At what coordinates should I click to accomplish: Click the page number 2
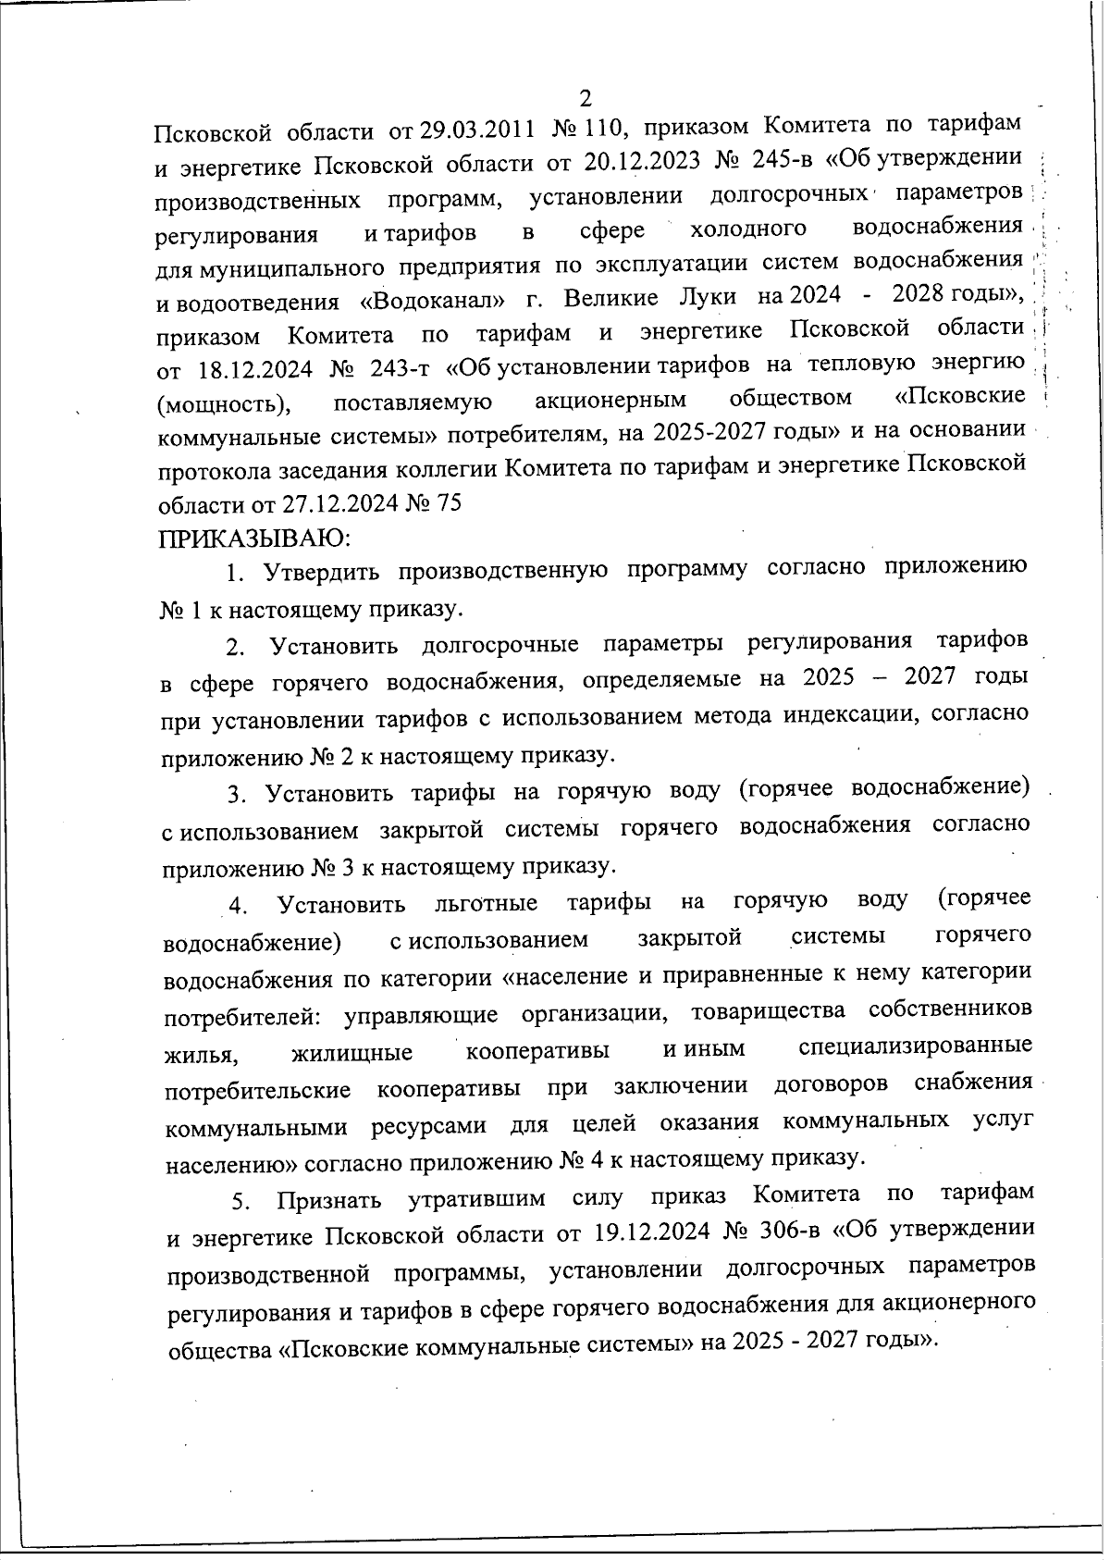click(x=585, y=97)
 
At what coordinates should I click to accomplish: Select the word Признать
click(x=329, y=1200)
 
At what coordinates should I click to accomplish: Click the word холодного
click(x=748, y=229)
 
